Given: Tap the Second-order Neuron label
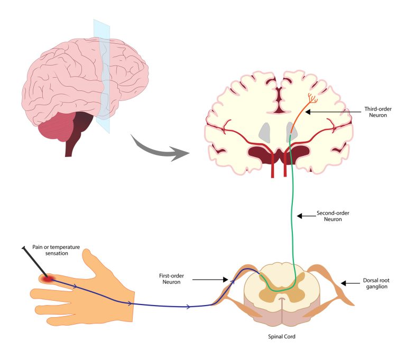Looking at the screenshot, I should coord(333,216).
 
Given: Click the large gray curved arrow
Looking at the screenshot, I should coord(159,150).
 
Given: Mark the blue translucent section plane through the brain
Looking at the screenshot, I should coord(101,69).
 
